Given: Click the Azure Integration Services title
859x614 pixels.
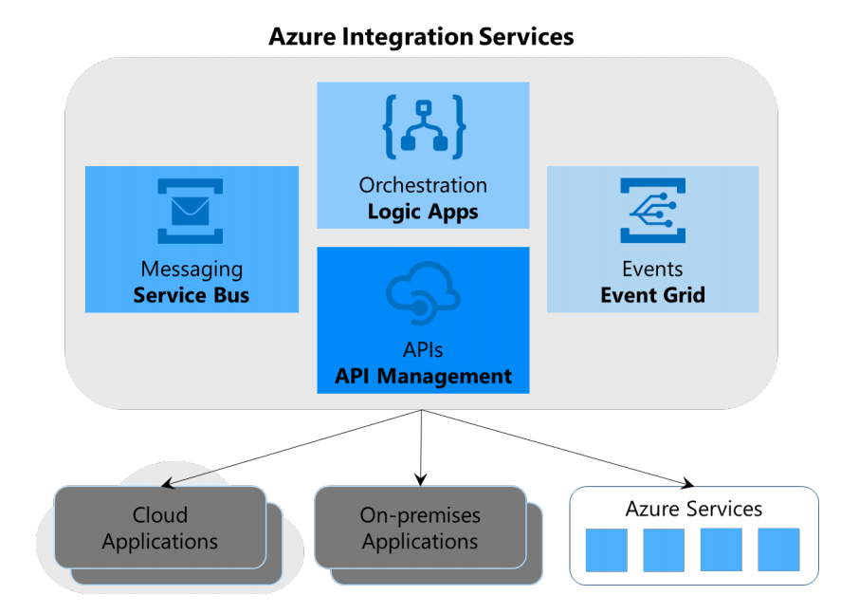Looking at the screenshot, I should (421, 37).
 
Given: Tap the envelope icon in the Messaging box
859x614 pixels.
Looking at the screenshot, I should (191, 210).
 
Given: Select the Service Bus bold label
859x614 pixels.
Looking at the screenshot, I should (192, 295).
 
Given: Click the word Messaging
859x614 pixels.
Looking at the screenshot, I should (192, 270).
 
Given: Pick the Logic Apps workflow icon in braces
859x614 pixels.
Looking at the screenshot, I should (423, 126).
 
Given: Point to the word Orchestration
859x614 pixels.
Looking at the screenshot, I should (423, 185).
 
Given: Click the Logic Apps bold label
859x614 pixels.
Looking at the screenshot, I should (423, 211).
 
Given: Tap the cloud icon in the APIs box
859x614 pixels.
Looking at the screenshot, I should (423, 294).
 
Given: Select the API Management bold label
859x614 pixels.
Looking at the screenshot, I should (423, 377).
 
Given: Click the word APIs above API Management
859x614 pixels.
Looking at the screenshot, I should (423, 351).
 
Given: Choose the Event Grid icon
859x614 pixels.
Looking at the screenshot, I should (652, 210).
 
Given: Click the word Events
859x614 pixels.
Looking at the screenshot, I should (652, 270).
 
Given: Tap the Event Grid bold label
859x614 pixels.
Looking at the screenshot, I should (652, 295).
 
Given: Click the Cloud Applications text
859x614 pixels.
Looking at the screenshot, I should (160, 529).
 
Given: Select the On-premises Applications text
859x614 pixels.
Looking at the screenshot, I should (420, 529).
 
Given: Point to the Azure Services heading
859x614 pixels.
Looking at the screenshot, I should (693, 509).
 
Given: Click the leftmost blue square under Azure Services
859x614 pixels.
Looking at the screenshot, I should (606, 549).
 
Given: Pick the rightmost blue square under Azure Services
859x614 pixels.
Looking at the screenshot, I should (778, 549).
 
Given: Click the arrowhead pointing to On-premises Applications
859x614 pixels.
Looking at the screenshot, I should (420, 479).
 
